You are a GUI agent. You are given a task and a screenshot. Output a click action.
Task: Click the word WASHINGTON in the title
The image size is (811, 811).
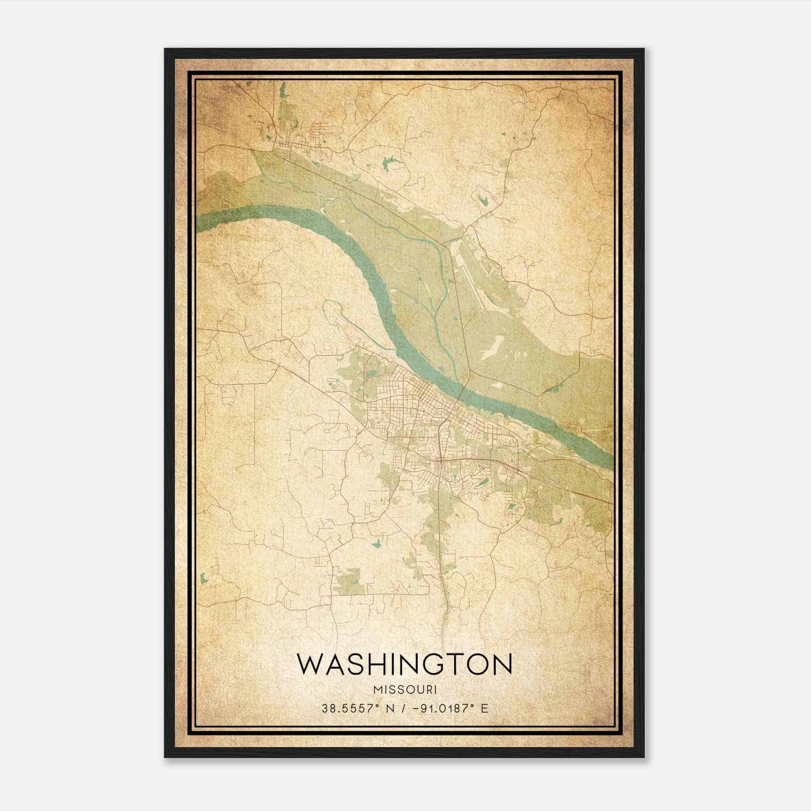click(404, 665)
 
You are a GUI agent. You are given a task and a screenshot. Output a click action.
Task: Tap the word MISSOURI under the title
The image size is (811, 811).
click(404, 689)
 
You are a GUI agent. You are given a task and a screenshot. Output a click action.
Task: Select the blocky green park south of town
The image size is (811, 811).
click(350, 581)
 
